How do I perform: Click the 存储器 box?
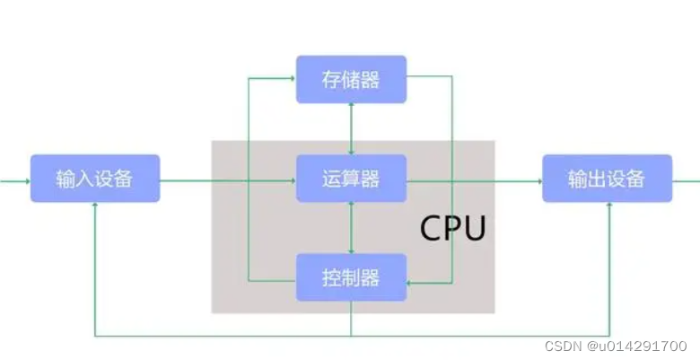point(351,79)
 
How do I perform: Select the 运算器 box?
point(351,179)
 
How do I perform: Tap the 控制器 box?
point(351,277)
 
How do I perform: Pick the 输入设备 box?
point(94,179)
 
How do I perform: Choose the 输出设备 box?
point(607,179)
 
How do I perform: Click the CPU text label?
point(453,229)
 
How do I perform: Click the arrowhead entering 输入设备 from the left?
point(26,180)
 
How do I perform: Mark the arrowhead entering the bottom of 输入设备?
point(94,206)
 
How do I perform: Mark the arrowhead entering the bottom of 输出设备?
point(609,206)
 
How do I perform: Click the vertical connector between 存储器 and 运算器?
point(351,127)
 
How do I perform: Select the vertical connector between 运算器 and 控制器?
point(351,227)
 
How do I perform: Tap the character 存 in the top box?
point(330,79)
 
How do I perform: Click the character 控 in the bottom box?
point(330,277)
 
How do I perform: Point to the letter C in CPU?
point(431,229)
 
